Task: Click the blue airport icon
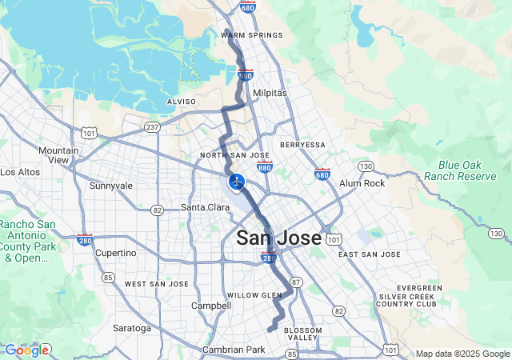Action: (236, 181)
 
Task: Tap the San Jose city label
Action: (278, 238)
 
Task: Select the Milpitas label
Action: (270, 93)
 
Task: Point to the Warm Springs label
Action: (252, 35)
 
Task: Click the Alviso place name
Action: (181, 102)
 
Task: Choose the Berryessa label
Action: (303, 145)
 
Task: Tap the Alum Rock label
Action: (362, 183)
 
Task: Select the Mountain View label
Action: (59, 155)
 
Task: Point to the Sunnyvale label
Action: (111, 186)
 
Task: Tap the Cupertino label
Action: (116, 252)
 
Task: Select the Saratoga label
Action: (132, 328)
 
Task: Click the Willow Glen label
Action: (254, 295)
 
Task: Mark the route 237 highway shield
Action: (153, 127)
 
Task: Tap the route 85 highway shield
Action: (107, 278)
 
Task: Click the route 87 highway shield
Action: (295, 282)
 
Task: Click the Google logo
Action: (26, 350)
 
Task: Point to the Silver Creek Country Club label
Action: (407, 296)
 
